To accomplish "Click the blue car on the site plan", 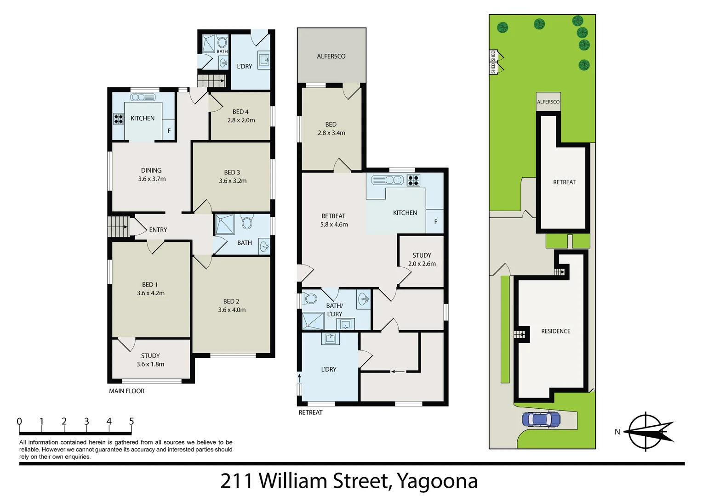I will [x=541, y=419].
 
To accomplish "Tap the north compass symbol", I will [x=647, y=432].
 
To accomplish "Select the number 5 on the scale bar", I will [x=131, y=421].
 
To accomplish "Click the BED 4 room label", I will [x=240, y=112].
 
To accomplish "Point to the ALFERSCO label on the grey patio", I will [x=331, y=56].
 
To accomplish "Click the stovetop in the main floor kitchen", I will [x=119, y=119].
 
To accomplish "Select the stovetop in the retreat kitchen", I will [x=413, y=180].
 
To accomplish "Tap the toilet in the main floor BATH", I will [x=247, y=223].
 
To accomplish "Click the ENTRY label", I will [x=158, y=230].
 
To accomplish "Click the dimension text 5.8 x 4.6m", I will [x=334, y=225].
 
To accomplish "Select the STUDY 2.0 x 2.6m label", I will [x=422, y=259].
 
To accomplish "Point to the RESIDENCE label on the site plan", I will [x=555, y=331].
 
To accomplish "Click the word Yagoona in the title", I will [x=437, y=481].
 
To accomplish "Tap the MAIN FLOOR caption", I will [x=127, y=391].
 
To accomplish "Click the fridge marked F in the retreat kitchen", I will [x=435, y=222].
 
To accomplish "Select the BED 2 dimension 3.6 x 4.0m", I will [x=232, y=310].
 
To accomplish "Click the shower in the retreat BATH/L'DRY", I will [x=313, y=321].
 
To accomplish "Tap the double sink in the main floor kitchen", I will [x=143, y=97].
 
